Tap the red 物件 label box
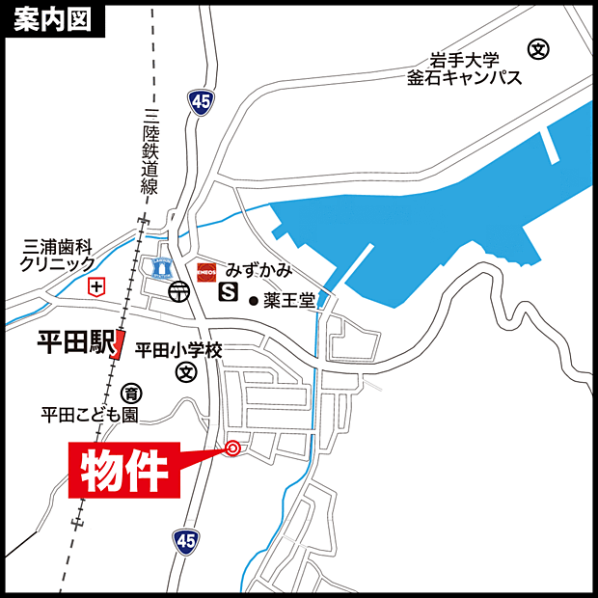[x=122, y=472]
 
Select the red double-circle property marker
[x=231, y=447]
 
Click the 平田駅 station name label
[x=74, y=341]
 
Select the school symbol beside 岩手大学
[x=538, y=47]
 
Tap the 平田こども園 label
[x=90, y=415]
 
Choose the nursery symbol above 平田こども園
[x=130, y=393]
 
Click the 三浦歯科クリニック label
[x=59, y=255]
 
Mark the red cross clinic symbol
[x=95, y=286]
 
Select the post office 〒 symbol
[x=178, y=290]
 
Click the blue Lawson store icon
[x=158, y=267]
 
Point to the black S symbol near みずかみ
[x=230, y=289]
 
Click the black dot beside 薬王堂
[x=254, y=301]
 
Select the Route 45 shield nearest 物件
[x=185, y=541]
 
